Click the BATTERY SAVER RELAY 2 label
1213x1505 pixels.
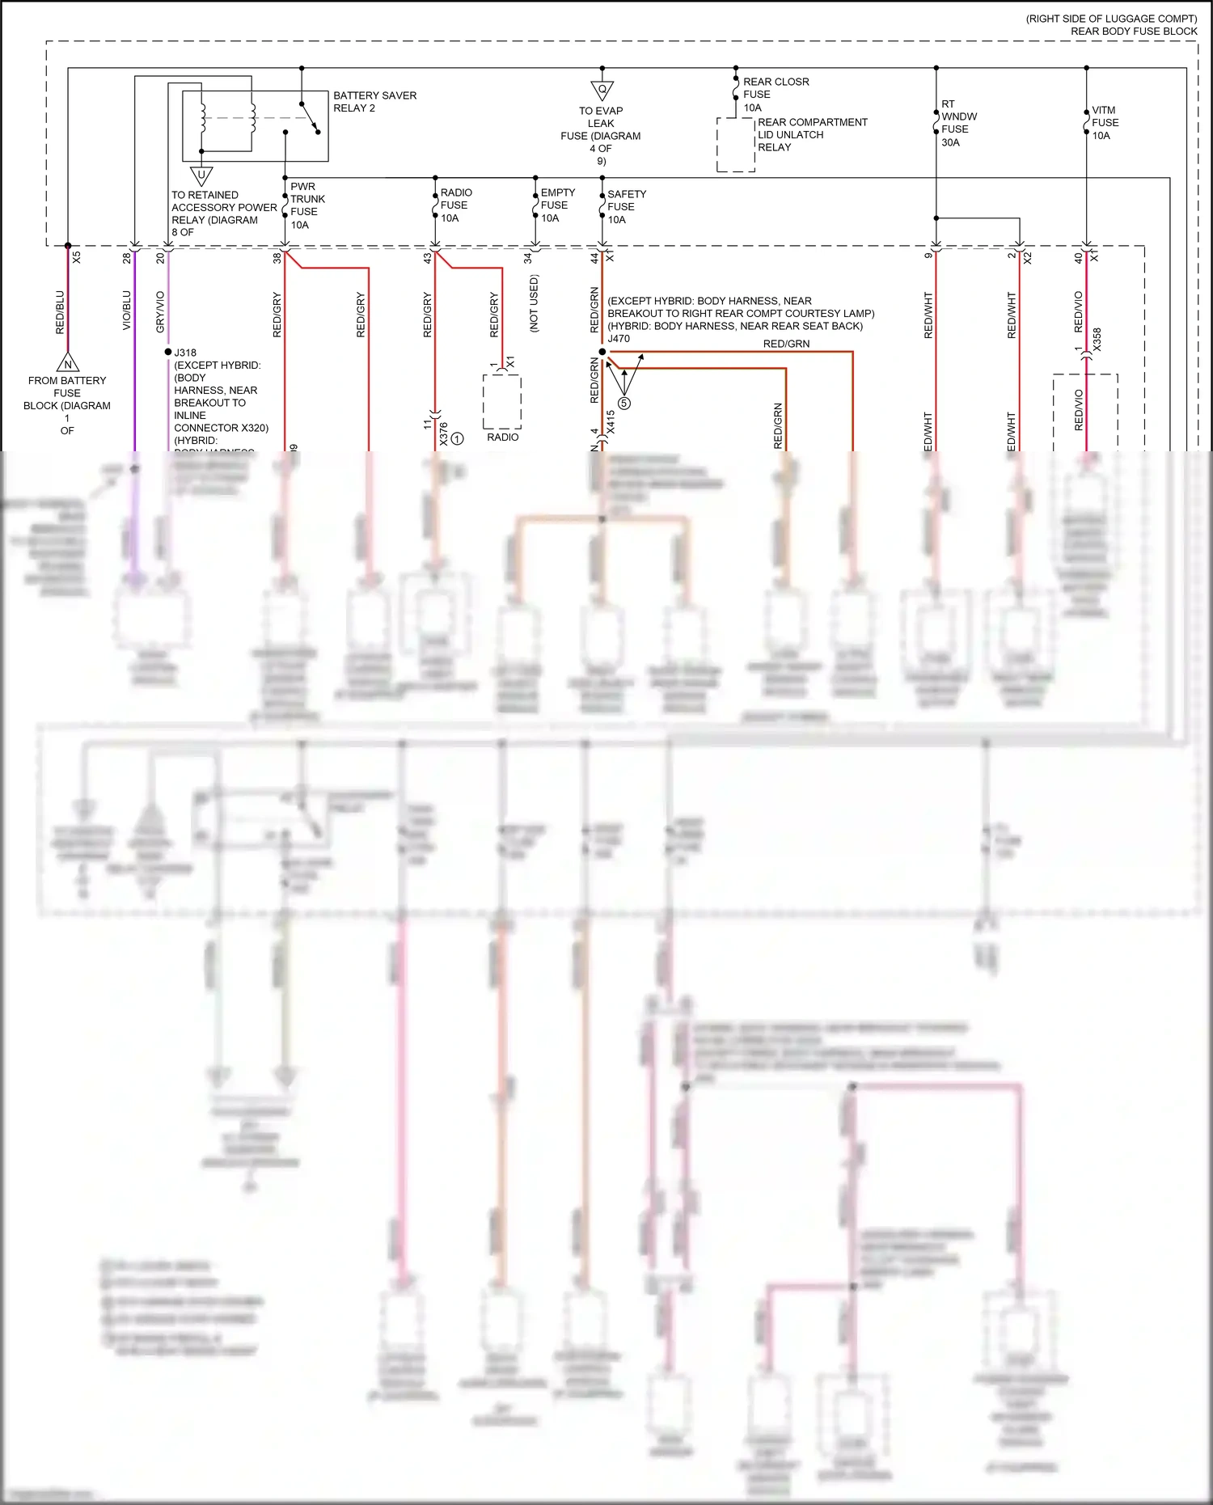(x=374, y=102)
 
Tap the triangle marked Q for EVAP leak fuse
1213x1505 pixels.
(x=602, y=89)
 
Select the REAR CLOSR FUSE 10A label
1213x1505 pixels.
(x=775, y=95)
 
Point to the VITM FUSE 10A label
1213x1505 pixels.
(x=1105, y=123)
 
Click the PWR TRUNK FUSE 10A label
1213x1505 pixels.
(x=306, y=205)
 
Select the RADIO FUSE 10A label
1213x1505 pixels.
(x=455, y=205)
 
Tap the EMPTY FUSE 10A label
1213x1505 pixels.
(x=556, y=205)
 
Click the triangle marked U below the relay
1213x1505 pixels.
(x=201, y=175)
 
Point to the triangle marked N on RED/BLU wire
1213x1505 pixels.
(x=68, y=363)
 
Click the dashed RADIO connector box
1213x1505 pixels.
(x=502, y=401)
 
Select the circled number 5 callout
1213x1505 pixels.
(x=624, y=403)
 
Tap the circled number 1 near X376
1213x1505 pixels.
(x=458, y=438)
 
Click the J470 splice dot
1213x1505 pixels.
(x=602, y=352)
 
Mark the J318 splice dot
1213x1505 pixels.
(x=168, y=352)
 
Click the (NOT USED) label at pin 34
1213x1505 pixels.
(x=534, y=303)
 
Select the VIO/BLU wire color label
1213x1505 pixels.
(x=126, y=311)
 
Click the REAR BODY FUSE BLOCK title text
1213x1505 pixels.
(x=1134, y=32)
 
